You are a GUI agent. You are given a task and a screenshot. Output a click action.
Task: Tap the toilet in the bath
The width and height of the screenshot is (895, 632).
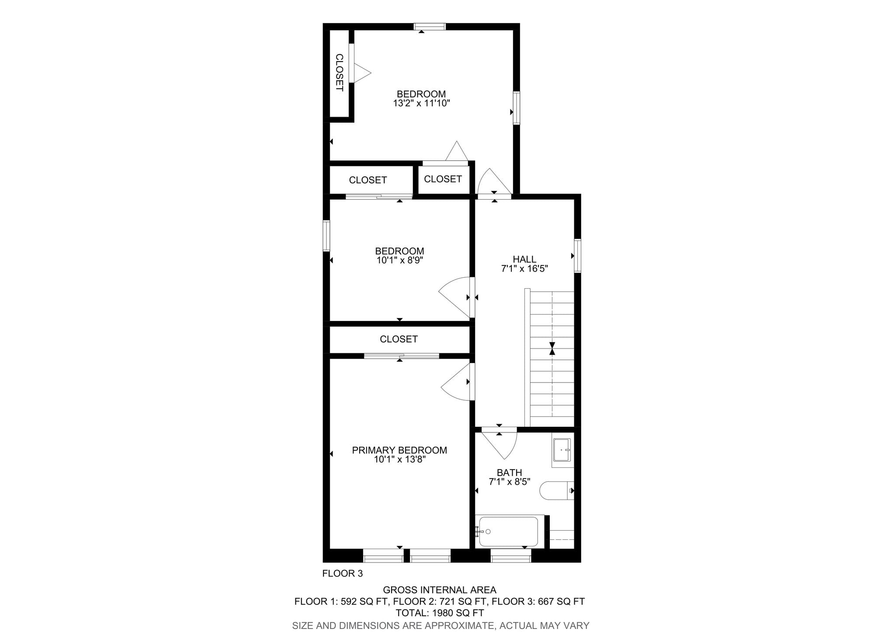[554, 490]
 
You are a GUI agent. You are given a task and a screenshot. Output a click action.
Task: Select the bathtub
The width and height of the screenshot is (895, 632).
[508, 531]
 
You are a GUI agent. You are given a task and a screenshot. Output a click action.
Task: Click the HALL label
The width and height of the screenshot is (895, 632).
[524, 259]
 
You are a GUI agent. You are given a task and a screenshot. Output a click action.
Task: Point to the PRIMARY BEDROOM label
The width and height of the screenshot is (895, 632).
[399, 450]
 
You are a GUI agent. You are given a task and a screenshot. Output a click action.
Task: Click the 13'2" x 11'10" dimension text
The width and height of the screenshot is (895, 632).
[421, 104]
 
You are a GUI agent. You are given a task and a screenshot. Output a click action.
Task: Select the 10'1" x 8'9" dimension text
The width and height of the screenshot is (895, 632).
[399, 260]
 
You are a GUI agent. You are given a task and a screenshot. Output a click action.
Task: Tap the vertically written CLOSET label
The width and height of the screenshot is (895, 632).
[340, 73]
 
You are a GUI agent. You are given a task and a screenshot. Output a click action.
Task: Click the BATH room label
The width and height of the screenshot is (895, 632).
[509, 473]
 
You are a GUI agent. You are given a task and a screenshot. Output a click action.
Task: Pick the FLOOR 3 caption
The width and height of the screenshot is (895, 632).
[342, 573]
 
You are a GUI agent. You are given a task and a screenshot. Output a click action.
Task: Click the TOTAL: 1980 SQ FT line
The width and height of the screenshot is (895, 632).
[440, 613]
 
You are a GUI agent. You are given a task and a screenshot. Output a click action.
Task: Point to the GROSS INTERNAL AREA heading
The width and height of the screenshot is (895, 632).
[440, 590]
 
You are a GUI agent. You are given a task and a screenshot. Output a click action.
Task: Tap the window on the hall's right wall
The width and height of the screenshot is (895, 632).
[578, 256]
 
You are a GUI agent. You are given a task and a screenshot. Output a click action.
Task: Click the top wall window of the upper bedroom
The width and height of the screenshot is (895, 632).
[430, 27]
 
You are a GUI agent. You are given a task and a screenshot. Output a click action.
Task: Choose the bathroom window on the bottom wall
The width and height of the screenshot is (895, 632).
[511, 555]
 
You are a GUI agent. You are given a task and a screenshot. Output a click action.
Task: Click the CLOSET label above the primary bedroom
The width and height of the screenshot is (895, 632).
[399, 339]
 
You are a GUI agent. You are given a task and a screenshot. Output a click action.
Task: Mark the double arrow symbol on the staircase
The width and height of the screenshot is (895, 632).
[552, 348]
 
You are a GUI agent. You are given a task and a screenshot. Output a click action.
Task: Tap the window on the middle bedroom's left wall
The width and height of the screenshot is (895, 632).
[326, 236]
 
